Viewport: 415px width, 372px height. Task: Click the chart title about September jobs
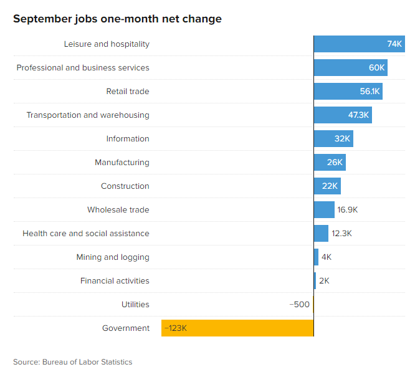117,19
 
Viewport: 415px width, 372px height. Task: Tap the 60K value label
377,68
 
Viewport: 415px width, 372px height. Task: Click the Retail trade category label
128,92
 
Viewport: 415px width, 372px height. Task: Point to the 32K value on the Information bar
342,139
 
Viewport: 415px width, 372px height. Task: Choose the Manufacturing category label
122,163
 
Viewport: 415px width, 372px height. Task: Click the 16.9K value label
348,210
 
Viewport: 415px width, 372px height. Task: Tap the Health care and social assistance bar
321,234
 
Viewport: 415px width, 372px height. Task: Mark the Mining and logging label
113,257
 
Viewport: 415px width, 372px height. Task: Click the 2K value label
324,281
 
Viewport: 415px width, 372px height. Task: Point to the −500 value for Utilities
299,305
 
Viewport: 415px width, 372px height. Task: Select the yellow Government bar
237,328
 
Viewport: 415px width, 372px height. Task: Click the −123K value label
176,328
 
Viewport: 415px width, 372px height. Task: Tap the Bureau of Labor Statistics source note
73,362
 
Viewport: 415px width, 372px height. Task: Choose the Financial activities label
115,281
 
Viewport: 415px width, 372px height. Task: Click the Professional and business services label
83,68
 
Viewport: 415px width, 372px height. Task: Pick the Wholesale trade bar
324,210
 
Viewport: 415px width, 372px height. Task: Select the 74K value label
394,44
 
